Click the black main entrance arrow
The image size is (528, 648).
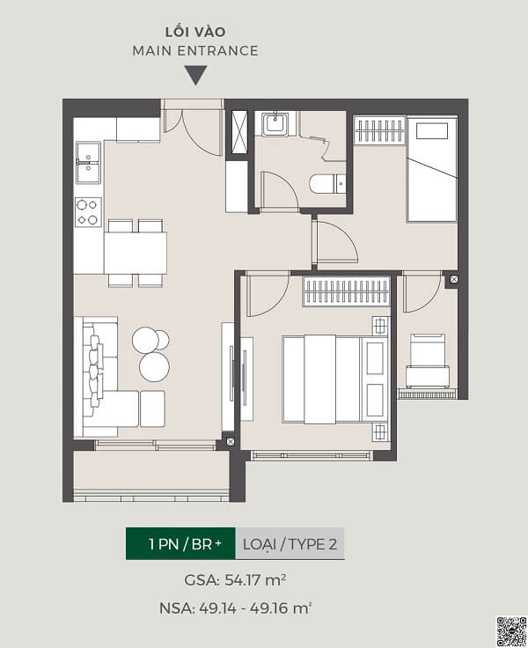[x=195, y=74]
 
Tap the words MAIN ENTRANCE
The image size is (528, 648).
[x=195, y=51]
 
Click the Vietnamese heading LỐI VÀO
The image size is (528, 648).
[x=195, y=32]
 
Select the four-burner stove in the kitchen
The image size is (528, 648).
[x=88, y=212]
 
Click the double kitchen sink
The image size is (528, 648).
[x=88, y=162]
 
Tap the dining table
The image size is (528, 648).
[x=136, y=253]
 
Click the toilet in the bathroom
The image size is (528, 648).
[x=327, y=184]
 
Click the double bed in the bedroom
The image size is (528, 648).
[x=335, y=379]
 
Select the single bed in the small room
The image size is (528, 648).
[x=432, y=170]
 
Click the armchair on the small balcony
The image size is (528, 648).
[x=428, y=360]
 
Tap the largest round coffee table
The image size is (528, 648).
[x=154, y=366]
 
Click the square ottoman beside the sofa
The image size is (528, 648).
[x=152, y=409]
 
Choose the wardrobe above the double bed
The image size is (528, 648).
[x=346, y=291]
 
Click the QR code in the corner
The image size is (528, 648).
[x=510, y=631]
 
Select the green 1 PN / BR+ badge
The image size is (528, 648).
[x=180, y=543]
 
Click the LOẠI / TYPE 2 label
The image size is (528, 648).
[x=290, y=544]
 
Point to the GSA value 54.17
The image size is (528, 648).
[x=243, y=580]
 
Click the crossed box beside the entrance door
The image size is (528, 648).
[x=239, y=132]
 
